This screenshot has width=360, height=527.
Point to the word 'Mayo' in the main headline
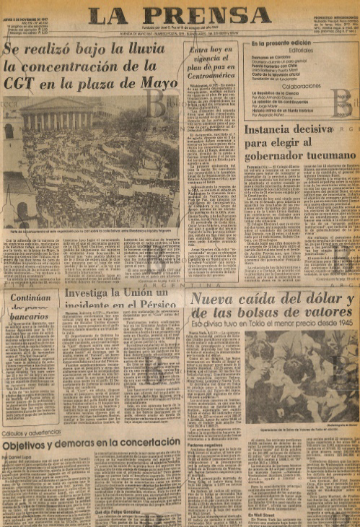pyautogui.click(x=154, y=83)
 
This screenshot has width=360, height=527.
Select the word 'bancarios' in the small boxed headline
pyautogui.click(x=31, y=315)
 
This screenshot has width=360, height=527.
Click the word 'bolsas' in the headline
pyautogui.click(x=249, y=313)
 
